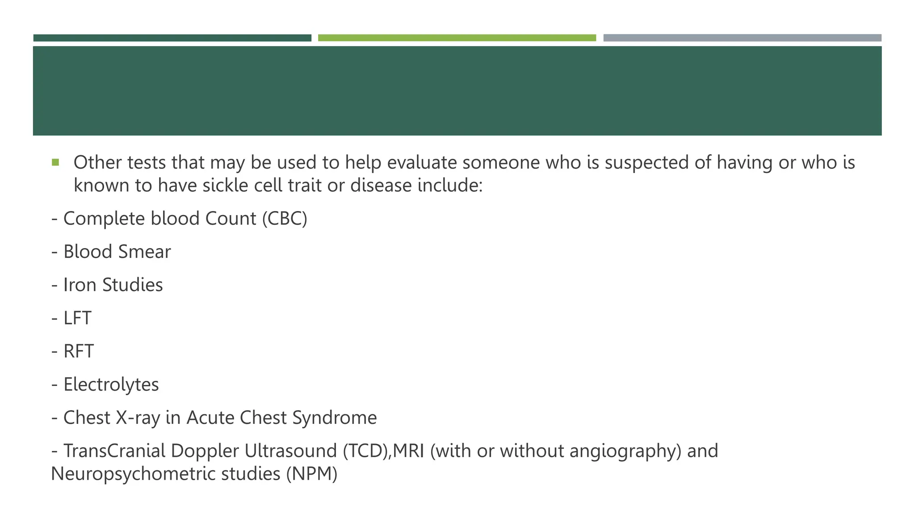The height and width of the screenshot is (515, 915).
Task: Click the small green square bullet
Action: [55, 162]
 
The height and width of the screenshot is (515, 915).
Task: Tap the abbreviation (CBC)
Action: [285, 219]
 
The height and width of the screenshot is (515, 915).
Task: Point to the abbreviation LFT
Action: [77, 318]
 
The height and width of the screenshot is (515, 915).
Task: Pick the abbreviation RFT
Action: [79, 351]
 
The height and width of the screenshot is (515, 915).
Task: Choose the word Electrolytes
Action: [111, 384]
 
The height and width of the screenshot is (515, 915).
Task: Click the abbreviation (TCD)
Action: [366, 451]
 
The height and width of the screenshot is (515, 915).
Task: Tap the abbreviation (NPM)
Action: [312, 474]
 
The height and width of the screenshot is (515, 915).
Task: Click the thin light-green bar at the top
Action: [457, 38]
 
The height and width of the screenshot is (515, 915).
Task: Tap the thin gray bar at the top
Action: [742, 38]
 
